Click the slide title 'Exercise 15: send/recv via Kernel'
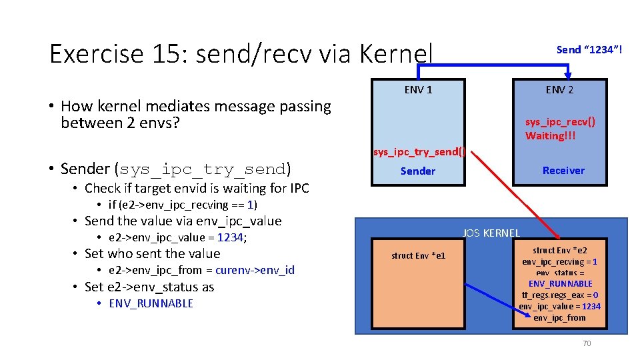(x=241, y=54)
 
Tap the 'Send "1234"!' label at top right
(x=589, y=50)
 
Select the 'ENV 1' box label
(x=418, y=90)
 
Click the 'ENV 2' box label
(x=559, y=90)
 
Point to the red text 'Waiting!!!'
(x=551, y=136)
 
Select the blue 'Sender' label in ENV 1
(x=417, y=171)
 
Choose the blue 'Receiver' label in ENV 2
(x=563, y=171)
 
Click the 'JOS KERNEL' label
(x=491, y=233)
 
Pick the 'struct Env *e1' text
(x=419, y=256)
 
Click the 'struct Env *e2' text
(x=560, y=250)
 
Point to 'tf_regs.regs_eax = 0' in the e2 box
(x=560, y=295)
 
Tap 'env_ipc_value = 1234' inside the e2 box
(x=560, y=306)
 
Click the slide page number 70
(x=587, y=343)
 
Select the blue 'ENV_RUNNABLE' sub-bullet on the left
(x=151, y=303)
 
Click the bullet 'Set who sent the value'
(x=152, y=253)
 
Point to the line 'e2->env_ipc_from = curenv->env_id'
(x=201, y=270)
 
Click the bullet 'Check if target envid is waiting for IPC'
(x=197, y=188)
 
